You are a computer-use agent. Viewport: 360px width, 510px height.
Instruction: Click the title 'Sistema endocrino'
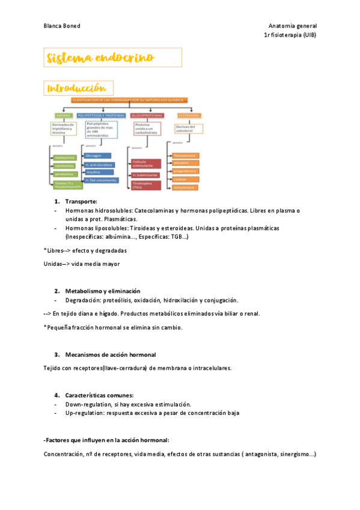pyautogui.click(x=100, y=58)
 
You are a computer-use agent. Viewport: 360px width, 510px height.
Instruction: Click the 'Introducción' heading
pyautogui.click(x=78, y=88)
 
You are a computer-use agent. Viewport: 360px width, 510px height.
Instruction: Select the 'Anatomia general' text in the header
pyautogui.click(x=292, y=26)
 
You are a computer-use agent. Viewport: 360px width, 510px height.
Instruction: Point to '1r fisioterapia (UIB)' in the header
pyautogui.click(x=290, y=35)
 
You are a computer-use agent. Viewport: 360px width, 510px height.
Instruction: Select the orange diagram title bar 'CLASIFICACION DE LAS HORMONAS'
pyautogui.click(x=129, y=100)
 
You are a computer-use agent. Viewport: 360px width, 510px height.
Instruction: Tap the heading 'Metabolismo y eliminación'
pyautogui.click(x=103, y=290)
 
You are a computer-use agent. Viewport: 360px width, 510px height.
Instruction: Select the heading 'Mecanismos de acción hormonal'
pyautogui.click(x=110, y=354)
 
